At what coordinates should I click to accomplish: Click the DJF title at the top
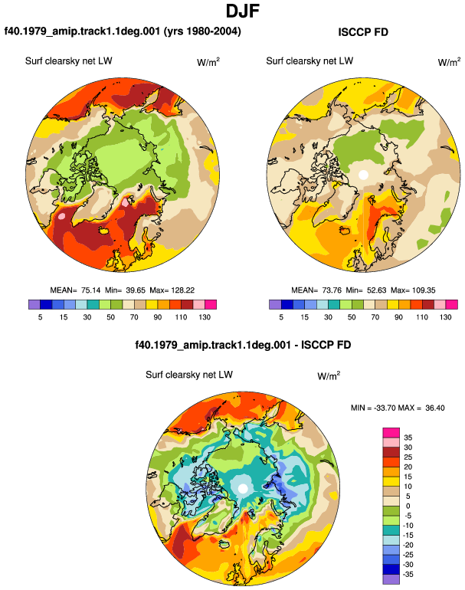pos(243,11)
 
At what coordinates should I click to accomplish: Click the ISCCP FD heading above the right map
pos(363,32)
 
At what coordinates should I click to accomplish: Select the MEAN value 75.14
pos(91,290)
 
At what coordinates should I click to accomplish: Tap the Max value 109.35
pos(423,290)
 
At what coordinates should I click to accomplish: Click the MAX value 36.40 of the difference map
pos(435,408)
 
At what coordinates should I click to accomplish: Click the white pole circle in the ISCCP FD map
pos(363,175)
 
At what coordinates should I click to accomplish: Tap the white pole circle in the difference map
pos(243,488)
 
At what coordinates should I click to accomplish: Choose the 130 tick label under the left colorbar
pos(205,317)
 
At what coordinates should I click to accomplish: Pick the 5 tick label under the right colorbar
pos(281,317)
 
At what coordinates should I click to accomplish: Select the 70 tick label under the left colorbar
pos(134,317)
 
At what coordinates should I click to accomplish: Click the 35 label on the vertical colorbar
pos(408,438)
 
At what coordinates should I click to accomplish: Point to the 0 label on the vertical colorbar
pos(408,506)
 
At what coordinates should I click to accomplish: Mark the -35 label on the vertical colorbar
pos(408,575)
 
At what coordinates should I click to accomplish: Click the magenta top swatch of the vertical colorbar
pos(391,433)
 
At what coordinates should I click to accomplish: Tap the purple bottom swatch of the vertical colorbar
pos(391,579)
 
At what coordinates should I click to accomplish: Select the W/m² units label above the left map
pos(208,62)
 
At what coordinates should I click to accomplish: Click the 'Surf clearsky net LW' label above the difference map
pos(189,375)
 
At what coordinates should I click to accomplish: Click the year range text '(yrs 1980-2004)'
pos(202,31)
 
